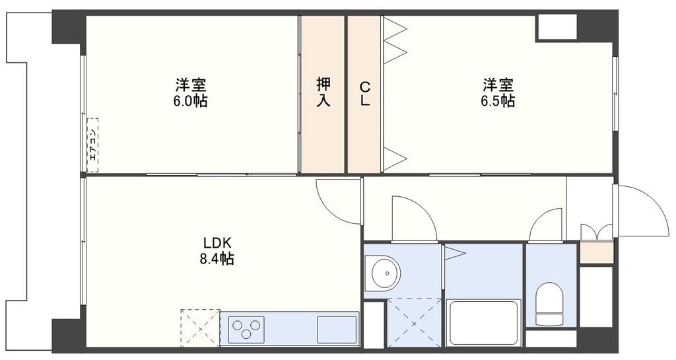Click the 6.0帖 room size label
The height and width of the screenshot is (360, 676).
coord(191,101)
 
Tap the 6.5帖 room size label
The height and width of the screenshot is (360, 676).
coord(498,101)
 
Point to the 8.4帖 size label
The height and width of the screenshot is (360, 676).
coord(217,258)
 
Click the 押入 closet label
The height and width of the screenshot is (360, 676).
coord(323,92)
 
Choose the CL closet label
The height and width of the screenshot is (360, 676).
coord(364,93)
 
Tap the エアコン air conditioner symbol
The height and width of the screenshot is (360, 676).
coord(92,145)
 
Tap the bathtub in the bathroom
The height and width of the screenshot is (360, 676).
coord(483,322)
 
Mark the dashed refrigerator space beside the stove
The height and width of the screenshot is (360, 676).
coord(200,327)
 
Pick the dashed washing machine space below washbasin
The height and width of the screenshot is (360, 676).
coord(414,322)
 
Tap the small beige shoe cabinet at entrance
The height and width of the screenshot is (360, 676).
coord(596,253)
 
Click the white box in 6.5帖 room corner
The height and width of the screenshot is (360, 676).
coord(557,28)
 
